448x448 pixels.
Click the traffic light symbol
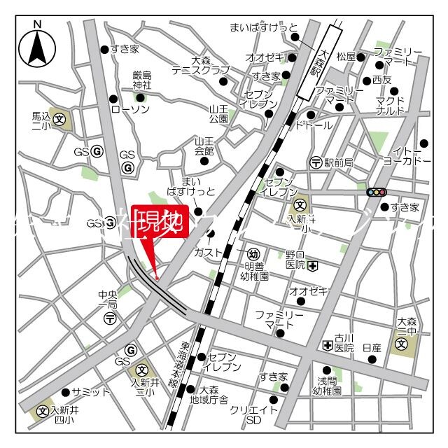377,192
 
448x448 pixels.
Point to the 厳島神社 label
141,80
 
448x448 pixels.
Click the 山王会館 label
204,146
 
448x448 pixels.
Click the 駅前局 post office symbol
316,162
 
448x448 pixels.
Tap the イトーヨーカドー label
407,155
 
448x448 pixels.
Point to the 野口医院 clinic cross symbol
312,265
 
